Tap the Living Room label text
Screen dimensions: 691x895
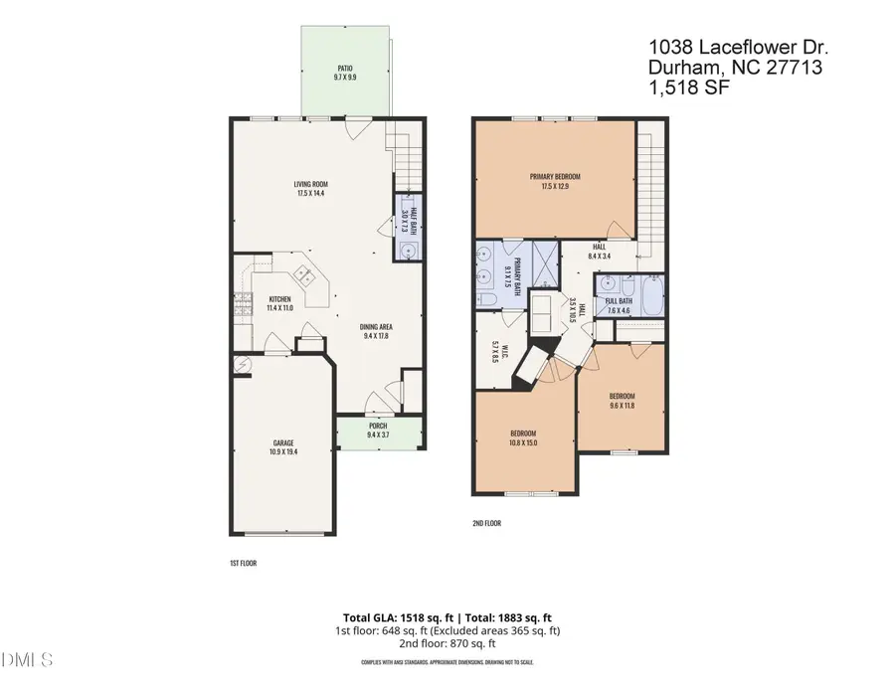point(311,184)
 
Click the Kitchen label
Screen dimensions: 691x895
point(278,298)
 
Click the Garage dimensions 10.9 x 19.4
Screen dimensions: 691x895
point(284,451)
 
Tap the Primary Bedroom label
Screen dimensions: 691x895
point(554,176)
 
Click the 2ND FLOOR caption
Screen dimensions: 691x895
point(486,522)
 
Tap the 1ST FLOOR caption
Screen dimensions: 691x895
point(244,563)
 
